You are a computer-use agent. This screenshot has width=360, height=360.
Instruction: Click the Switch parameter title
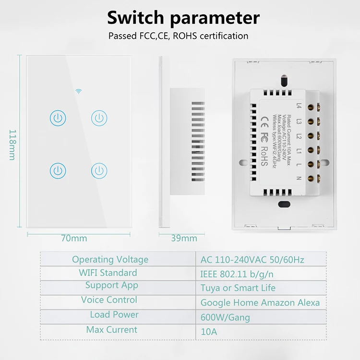(x=183, y=18)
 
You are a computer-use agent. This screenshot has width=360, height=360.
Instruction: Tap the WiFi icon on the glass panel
(x=79, y=91)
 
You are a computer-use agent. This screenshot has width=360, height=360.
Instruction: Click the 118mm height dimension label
(x=13, y=144)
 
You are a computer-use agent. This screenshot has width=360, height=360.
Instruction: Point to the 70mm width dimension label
(x=74, y=238)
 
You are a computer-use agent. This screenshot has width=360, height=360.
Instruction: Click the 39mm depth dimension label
(x=184, y=238)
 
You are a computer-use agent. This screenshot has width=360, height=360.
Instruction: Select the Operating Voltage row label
(x=110, y=260)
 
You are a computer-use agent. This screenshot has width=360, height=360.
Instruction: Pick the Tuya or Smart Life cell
(x=238, y=288)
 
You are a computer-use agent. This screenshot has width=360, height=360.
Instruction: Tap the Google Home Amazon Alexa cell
(x=260, y=303)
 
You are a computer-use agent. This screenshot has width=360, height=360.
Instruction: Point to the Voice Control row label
(x=109, y=300)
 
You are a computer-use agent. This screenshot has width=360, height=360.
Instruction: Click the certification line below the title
(x=178, y=36)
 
